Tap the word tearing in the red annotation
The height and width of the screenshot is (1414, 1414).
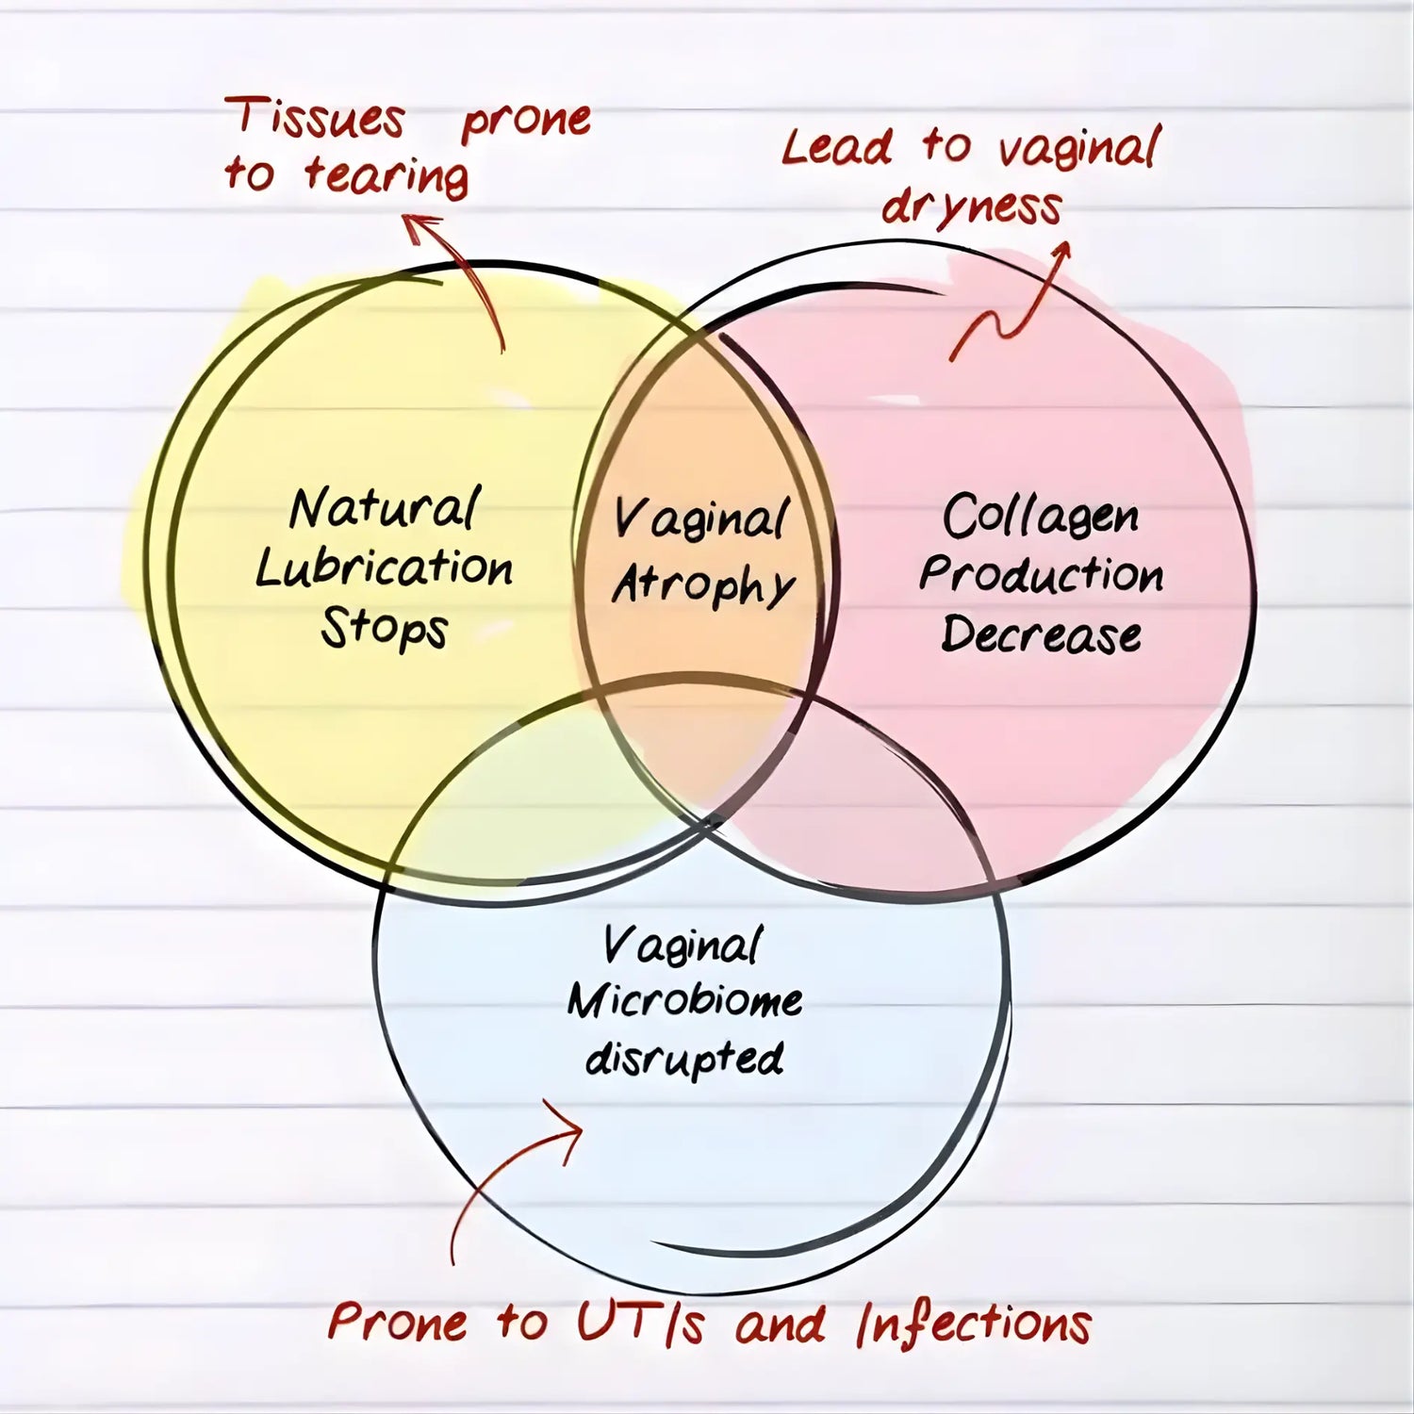tap(386, 176)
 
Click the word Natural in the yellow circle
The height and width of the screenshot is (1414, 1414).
tap(385, 509)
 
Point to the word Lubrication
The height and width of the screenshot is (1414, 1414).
tap(385, 568)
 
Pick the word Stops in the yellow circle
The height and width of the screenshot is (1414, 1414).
tap(385, 629)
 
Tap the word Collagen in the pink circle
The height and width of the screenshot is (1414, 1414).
tap(1041, 517)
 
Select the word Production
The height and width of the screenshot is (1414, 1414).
tap(1041, 575)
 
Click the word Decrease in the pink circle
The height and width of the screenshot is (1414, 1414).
tap(1041, 633)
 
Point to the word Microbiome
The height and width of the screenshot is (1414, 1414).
tap(684, 1001)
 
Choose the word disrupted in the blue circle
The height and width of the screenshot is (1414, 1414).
tap(684, 1060)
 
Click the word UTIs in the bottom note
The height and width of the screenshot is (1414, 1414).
tap(641, 1323)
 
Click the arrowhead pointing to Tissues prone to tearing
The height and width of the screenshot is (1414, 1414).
tap(422, 226)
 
